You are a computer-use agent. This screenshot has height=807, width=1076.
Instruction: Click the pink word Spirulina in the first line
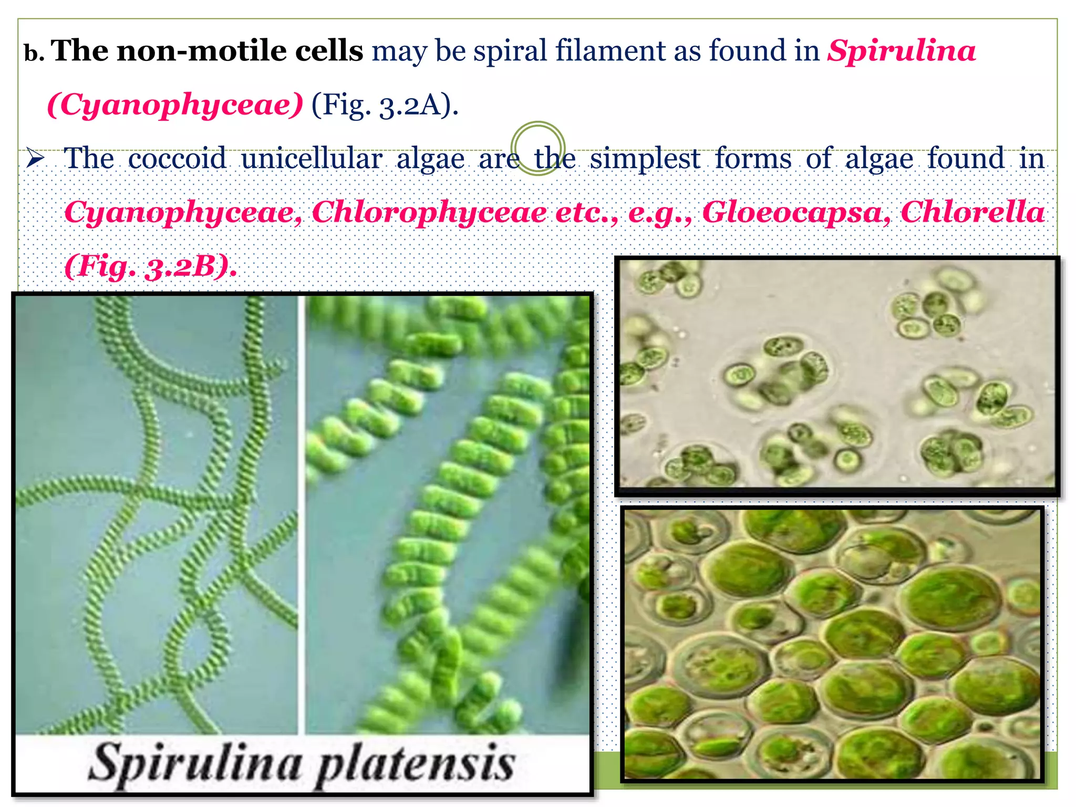click(901, 51)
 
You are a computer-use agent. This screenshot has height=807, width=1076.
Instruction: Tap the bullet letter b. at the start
click(34, 54)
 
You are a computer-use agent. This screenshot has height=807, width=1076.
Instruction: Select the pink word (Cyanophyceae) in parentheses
click(175, 105)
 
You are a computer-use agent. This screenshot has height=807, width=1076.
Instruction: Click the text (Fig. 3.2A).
click(385, 105)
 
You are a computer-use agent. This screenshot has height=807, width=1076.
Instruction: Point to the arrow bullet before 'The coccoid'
click(37, 158)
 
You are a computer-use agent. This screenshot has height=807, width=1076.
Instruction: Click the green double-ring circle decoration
click(537, 148)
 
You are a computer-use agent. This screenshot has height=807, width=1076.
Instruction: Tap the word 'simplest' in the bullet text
click(645, 158)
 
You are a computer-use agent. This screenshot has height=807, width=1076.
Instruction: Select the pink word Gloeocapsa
click(796, 212)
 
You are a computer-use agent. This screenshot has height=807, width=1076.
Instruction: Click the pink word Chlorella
click(972, 212)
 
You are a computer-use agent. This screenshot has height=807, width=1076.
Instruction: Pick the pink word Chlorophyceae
click(429, 212)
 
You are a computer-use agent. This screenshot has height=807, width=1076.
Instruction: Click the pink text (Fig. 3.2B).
click(150, 266)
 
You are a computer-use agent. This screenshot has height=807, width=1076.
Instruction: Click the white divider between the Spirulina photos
click(302, 515)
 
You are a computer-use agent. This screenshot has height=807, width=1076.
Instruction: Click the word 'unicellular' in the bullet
click(311, 158)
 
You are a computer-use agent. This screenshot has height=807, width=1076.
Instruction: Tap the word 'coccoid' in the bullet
click(178, 158)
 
